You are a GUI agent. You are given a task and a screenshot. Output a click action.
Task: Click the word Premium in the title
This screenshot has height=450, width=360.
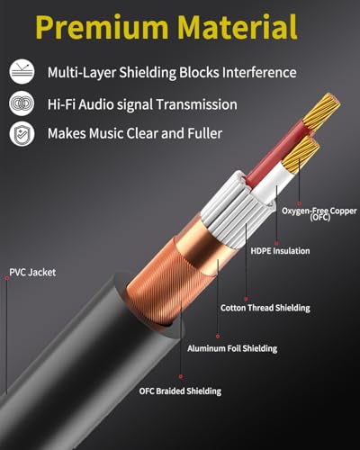102,28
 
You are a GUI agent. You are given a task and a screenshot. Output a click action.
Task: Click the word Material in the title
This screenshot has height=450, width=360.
237,26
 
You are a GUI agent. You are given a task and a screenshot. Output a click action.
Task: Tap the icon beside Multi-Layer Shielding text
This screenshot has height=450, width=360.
22,72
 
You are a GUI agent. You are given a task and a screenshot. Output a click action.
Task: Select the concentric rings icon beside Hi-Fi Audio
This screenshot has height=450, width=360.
22,103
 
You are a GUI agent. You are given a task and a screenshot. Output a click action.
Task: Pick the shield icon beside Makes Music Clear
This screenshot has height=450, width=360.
22,134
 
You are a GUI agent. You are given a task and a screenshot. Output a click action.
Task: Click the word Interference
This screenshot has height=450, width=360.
259,72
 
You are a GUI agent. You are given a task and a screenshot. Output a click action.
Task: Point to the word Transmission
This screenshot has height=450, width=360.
196,104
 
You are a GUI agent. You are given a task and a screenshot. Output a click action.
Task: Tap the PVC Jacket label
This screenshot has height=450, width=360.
32,273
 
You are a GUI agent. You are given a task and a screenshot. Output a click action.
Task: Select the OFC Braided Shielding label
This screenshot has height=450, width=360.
180,391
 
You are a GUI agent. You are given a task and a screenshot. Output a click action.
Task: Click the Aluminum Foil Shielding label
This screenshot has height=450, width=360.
232,348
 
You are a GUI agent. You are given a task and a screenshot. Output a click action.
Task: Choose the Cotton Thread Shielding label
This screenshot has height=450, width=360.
265,308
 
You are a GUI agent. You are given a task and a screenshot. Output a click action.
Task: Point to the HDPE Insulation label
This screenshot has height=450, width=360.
280,251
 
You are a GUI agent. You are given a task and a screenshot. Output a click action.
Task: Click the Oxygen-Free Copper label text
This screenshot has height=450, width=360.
319,213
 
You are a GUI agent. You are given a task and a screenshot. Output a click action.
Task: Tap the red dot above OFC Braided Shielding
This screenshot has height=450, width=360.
181,376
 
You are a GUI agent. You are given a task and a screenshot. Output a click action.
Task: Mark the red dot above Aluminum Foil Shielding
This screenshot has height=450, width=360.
218,337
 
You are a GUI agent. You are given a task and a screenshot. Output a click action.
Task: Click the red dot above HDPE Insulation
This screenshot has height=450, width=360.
276,243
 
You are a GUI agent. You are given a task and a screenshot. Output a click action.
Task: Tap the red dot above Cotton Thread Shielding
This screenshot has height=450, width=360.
246,299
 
